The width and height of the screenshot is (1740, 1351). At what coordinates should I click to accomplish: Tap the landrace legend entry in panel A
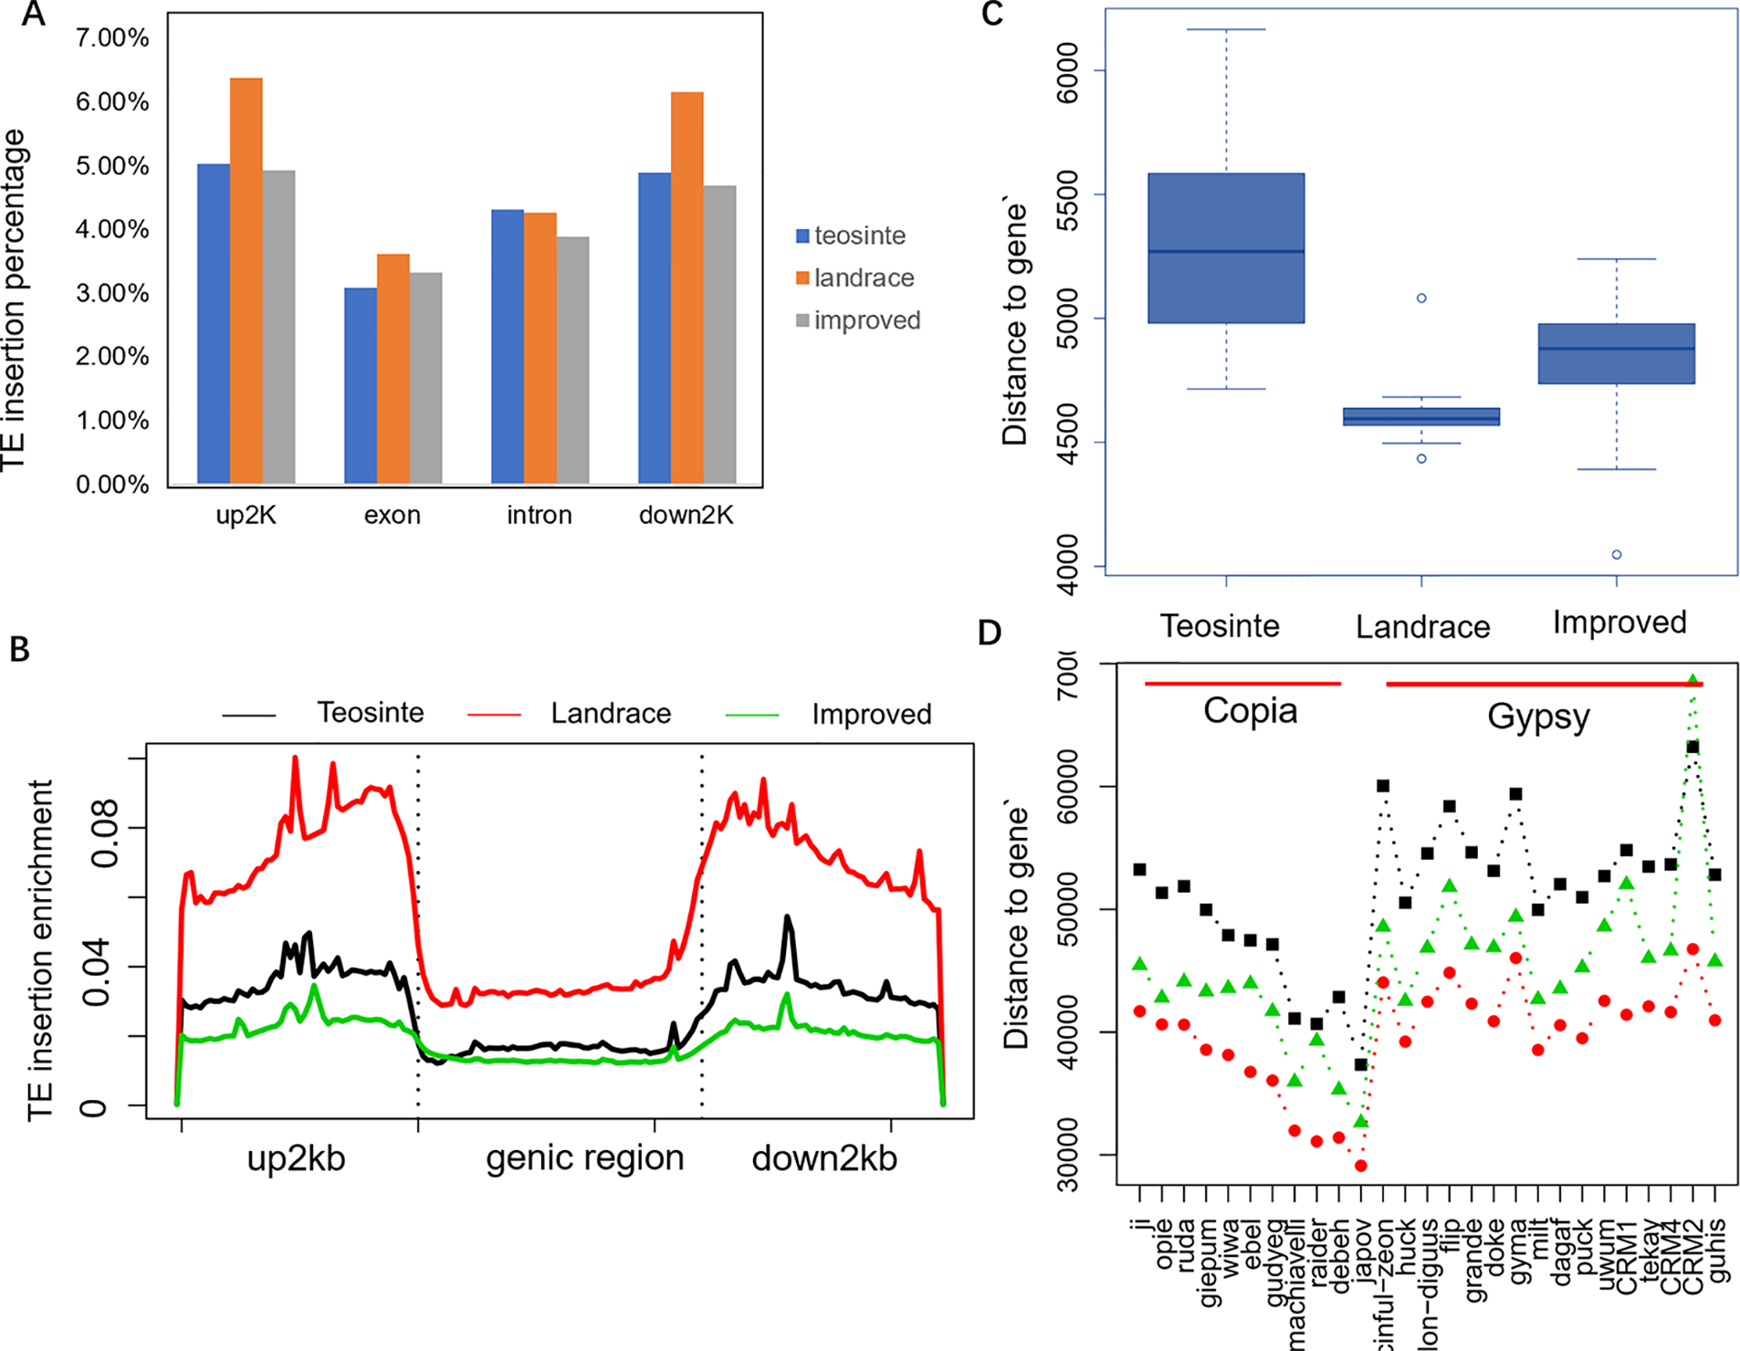coord(863,278)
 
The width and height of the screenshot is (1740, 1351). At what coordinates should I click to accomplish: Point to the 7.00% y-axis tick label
coord(112,37)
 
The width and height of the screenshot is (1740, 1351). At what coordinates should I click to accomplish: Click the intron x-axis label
coord(539,515)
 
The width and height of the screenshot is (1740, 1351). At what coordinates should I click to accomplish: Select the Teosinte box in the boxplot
coord(1225,248)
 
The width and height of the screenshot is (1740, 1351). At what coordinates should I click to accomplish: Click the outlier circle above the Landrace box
coord(1421,298)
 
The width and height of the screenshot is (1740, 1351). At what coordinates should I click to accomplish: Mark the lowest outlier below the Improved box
coord(1617,555)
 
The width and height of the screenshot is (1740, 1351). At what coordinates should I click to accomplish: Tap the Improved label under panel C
coord(1619,623)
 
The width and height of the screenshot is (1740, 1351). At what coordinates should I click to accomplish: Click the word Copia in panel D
coord(1250,711)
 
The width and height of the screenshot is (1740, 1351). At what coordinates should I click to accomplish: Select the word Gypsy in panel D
coord(1538,717)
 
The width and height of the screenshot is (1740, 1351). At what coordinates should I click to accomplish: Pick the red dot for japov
coord(1361,1166)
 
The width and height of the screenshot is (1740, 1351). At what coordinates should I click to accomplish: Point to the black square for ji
coord(1139,870)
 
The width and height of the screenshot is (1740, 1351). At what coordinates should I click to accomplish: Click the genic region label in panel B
coord(584,1157)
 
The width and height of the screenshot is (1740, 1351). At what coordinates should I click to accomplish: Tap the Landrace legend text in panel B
coord(610,713)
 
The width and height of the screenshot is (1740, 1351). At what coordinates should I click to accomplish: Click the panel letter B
coord(19,649)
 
